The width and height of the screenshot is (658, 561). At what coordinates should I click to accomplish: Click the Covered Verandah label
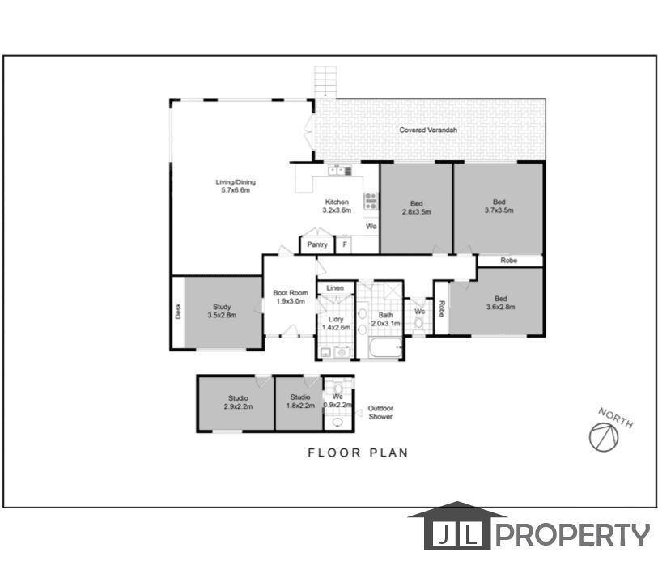(x=428, y=130)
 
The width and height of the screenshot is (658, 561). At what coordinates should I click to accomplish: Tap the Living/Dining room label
(x=234, y=186)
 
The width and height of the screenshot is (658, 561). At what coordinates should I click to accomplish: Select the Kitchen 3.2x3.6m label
(x=337, y=206)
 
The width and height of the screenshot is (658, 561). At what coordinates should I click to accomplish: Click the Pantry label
(x=316, y=244)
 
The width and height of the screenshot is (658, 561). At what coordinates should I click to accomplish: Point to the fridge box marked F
(x=344, y=244)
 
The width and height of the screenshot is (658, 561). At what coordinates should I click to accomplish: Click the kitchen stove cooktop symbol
(x=370, y=201)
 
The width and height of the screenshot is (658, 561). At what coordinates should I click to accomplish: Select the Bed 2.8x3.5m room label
(x=416, y=207)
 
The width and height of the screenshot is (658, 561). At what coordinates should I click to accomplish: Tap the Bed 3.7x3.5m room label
(x=499, y=206)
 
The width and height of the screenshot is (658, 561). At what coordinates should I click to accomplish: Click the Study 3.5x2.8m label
(x=222, y=312)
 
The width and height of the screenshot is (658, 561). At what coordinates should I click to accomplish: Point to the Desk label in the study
(x=178, y=312)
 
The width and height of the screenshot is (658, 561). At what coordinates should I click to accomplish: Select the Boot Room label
(x=289, y=296)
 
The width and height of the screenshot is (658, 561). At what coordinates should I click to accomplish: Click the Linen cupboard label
(x=335, y=288)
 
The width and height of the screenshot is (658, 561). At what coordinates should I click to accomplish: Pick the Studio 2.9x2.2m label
(x=237, y=402)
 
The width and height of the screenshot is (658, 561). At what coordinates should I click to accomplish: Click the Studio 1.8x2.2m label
(x=300, y=402)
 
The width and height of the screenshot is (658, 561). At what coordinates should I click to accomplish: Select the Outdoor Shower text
(x=380, y=412)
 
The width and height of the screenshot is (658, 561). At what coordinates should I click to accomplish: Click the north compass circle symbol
(x=603, y=436)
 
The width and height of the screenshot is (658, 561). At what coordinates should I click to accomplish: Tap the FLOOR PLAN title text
(x=358, y=453)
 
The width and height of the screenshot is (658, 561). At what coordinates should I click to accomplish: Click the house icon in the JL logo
(x=457, y=529)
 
